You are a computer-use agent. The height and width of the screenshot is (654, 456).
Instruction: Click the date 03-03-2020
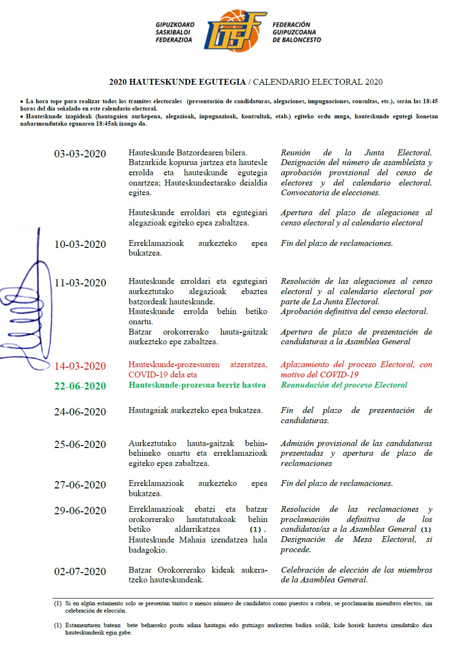click(80, 154)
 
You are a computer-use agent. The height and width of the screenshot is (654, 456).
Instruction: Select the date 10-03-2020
click(80, 244)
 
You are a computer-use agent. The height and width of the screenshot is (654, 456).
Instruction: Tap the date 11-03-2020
click(80, 283)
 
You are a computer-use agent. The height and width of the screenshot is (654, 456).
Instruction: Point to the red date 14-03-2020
click(80, 366)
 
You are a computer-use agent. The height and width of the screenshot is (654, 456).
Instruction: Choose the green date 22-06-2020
click(80, 386)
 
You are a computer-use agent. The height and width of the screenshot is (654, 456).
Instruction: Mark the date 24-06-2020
click(80, 412)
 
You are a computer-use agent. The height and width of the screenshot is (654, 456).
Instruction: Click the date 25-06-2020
click(80, 445)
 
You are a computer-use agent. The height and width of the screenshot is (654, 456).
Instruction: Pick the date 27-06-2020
click(80, 485)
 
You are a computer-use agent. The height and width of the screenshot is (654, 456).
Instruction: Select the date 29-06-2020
click(80, 511)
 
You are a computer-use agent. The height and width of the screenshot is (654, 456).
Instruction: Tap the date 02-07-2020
click(80, 572)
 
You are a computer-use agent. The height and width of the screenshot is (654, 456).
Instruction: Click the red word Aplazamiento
click(306, 365)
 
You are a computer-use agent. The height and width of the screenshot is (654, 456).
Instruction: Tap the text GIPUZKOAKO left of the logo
click(175, 25)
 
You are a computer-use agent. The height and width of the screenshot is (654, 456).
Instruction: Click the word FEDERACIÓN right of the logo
click(291, 25)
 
